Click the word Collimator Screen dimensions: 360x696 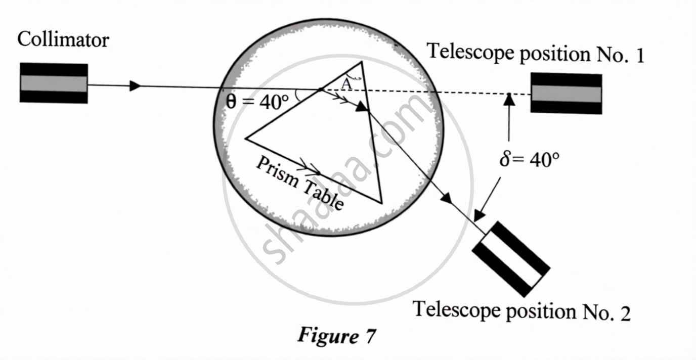pyautogui.click(x=63, y=39)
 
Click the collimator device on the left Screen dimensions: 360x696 pyautogui.click(x=54, y=83)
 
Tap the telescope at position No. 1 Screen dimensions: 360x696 pyautogui.click(x=566, y=94)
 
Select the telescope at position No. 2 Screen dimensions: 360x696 pyautogui.click(x=510, y=258)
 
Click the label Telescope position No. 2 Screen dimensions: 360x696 pyautogui.click(x=521, y=310)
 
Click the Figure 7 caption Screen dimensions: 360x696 pyautogui.click(x=336, y=335)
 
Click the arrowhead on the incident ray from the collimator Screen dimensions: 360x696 pyautogui.click(x=135, y=86)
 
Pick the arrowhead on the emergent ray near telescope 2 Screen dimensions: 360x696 pyautogui.click(x=447, y=199)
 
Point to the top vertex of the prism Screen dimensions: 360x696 pyautogui.click(x=361, y=62)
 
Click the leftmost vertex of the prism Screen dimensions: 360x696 pyautogui.click(x=246, y=138)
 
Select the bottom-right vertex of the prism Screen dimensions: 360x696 pyautogui.click(x=381, y=203)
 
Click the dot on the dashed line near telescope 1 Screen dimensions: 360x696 pyautogui.click(x=509, y=94)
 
